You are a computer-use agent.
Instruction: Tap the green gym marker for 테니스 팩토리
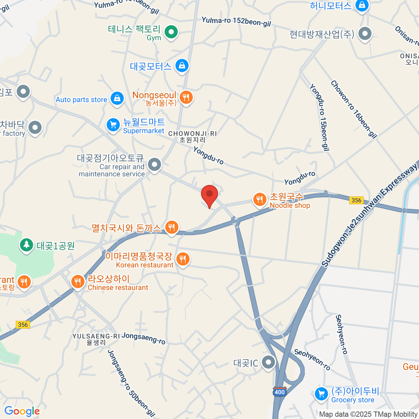(x=171, y=32)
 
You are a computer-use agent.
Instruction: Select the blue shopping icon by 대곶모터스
(x=182, y=65)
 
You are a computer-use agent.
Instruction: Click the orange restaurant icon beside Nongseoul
(x=186, y=97)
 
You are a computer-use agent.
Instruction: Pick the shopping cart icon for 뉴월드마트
(x=113, y=124)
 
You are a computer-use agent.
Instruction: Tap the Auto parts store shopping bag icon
(x=117, y=98)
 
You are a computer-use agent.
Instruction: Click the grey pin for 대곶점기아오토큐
(x=154, y=164)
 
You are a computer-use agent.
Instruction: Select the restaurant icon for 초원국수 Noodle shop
(x=259, y=200)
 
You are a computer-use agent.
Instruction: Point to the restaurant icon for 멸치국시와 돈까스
(x=171, y=228)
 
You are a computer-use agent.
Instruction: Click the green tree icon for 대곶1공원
(x=26, y=245)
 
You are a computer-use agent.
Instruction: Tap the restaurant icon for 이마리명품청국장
(x=182, y=259)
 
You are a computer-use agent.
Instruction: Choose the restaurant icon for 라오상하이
(x=78, y=281)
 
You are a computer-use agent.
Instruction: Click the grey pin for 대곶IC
(x=269, y=362)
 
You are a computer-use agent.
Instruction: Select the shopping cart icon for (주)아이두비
(x=321, y=394)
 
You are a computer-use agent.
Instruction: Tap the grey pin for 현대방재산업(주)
(x=365, y=34)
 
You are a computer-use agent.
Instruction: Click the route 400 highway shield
(x=280, y=392)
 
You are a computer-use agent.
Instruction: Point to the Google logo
(x=22, y=411)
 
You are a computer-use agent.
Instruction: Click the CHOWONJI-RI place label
(x=192, y=134)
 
